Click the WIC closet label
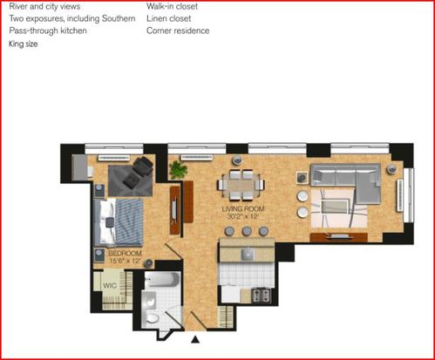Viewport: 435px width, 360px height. (x=110, y=285)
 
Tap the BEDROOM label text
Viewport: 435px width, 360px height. (x=125, y=254)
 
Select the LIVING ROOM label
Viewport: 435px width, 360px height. (x=243, y=209)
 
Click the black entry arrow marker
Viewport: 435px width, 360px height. (x=195, y=339)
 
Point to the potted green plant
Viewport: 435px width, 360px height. (x=178, y=170)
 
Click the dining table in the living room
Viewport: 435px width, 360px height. (x=241, y=185)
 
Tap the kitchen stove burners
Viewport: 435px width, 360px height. (x=261, y=295)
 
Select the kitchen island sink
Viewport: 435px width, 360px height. (x=248, y=255)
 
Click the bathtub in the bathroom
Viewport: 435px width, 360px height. (x=162, y=280)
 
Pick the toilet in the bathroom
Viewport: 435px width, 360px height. (x=152, y=318)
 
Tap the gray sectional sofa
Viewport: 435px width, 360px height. (x=346, y=183)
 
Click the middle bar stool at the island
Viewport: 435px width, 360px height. (x=247, y=231)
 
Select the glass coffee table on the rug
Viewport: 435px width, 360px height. (x=335, y=207)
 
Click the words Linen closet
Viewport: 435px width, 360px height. (x=169, y=18)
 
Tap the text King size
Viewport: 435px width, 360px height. (x=24, y=44)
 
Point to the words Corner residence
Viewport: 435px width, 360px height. (x=178, y=31)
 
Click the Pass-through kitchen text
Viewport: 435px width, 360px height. (x=48, y=31)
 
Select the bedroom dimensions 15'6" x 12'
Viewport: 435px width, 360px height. (x=125, y=261)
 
